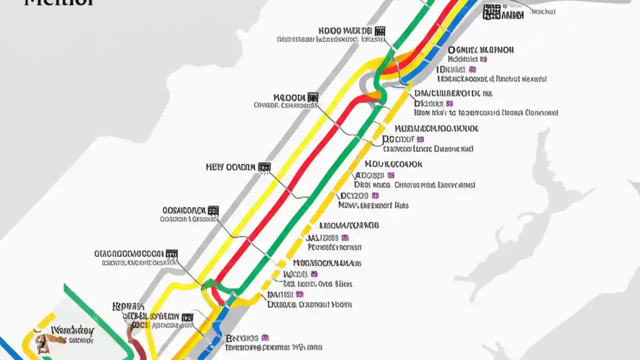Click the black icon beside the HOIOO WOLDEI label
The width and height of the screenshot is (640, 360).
coord(380,31)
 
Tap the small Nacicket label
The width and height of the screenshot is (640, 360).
coord(543,11)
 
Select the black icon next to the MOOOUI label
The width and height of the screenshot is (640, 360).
coord(313,97)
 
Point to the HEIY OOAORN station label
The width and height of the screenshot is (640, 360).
coord(230,167)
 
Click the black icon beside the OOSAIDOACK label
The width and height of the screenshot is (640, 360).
coord(213,210)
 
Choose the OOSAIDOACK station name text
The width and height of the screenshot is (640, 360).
coord(183,210)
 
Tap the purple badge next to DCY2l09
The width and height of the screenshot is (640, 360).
coord(375,195)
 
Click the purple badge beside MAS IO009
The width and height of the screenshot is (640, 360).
coord(345,238)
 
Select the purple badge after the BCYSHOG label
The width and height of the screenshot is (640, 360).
coord(265,337)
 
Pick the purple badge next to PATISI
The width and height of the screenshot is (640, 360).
coord(299,294)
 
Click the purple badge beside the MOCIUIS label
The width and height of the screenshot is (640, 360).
coord(314,274)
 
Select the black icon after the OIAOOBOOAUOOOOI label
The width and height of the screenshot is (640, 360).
coord(171,254)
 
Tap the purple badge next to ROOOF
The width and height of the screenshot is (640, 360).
coord(420,139)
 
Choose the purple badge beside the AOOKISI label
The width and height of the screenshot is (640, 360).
coord(391,175)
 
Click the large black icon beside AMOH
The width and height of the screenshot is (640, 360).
coord(492,12)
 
